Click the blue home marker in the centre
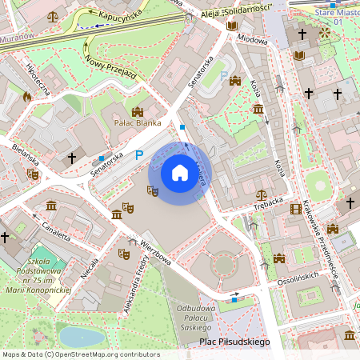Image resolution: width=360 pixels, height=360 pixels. (x=179, y=173)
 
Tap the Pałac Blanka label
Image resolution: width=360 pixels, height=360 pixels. (x=137, y=123)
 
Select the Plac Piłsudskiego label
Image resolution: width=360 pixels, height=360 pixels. (x=234, y=342)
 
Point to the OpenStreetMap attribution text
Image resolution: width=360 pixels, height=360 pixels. (x=80, y=354)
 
